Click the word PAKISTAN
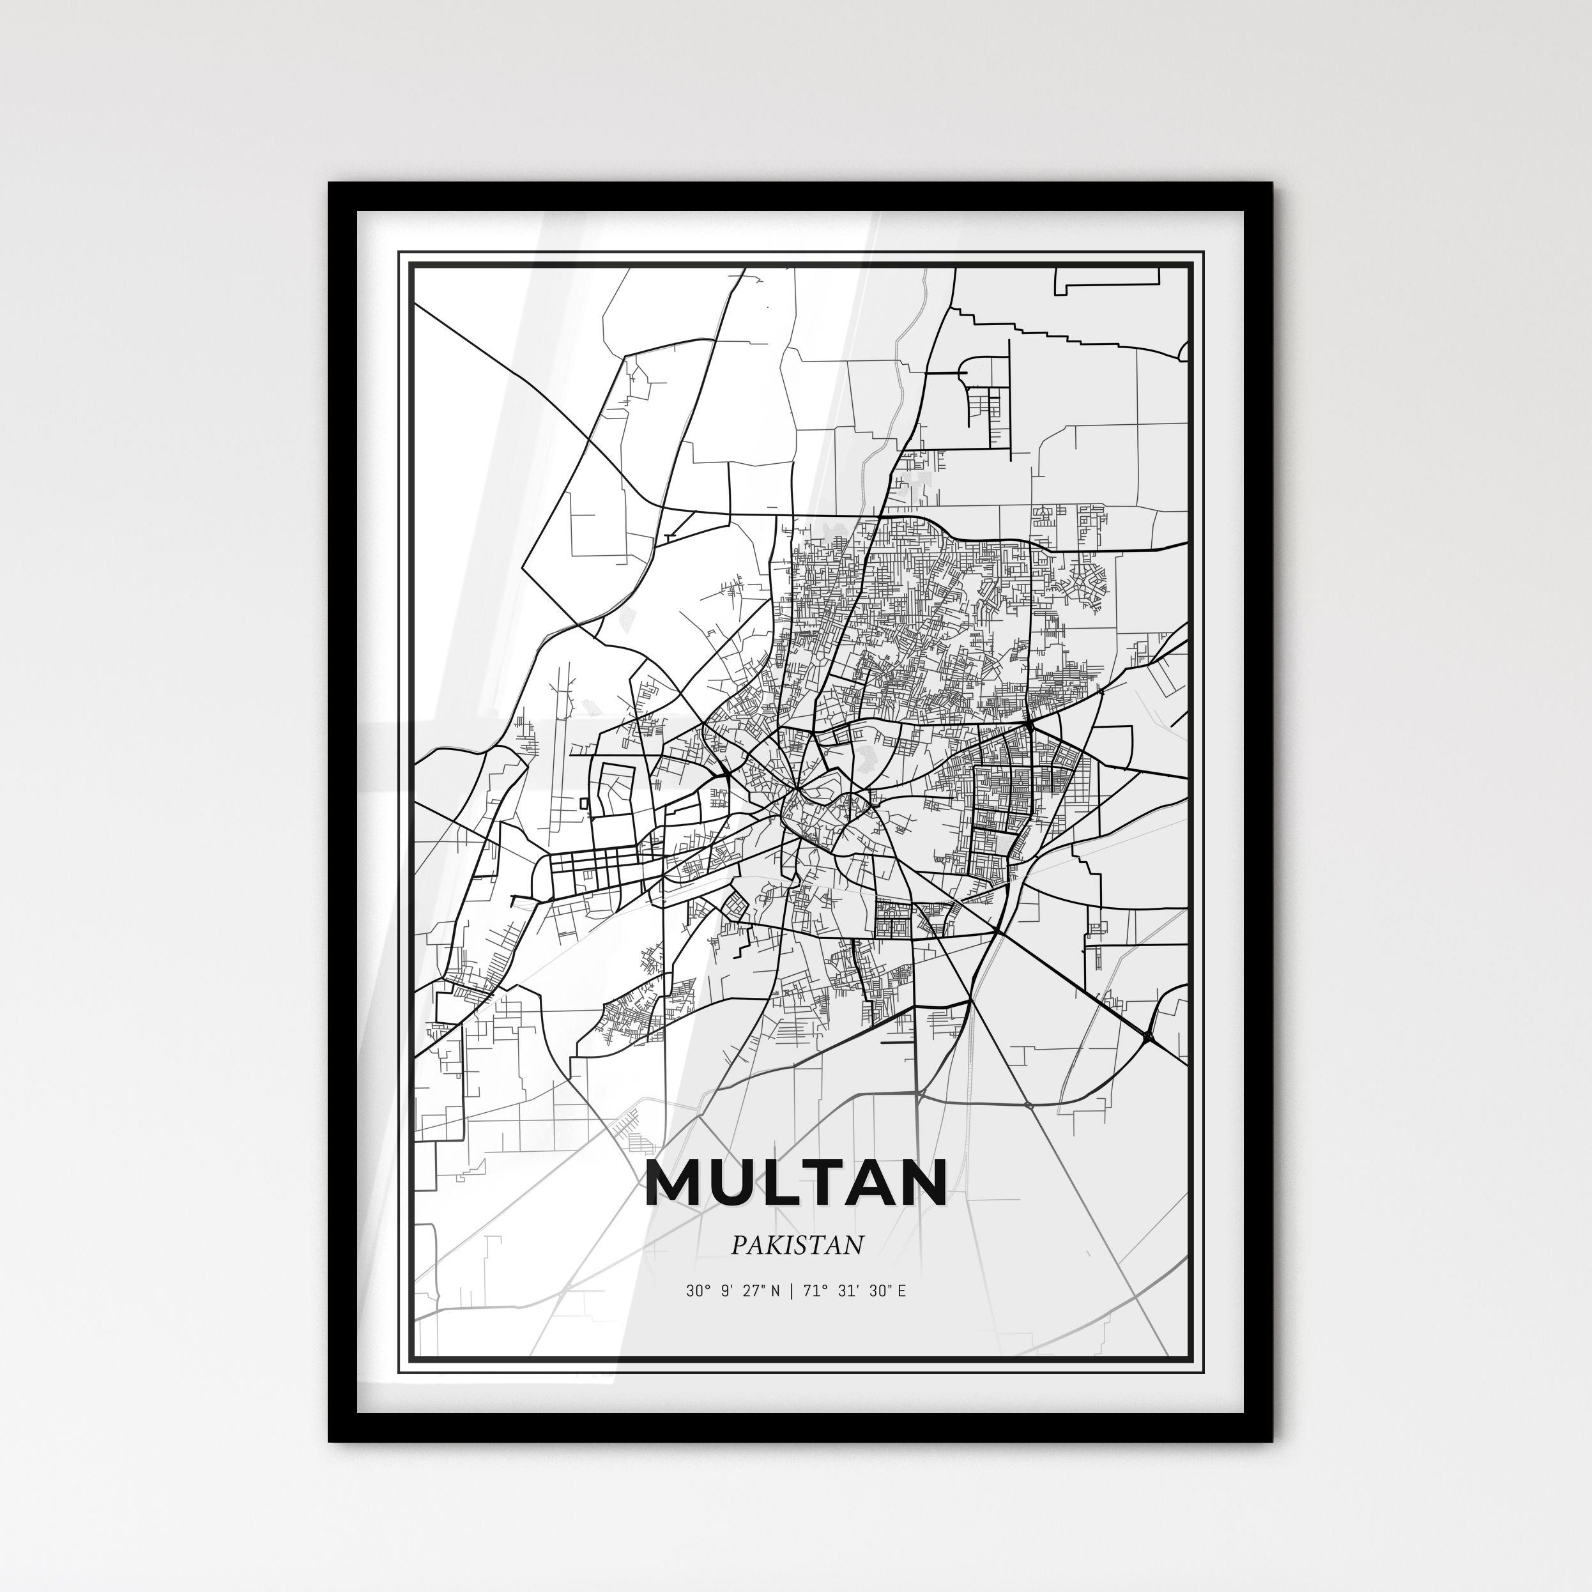pyautogui.click(x=797, y=1245)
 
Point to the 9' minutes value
pyautogui.click(x=724, y=1291)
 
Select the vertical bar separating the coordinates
pyautogui.click(x=791, y=1291)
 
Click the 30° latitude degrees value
pyautogui.click(x=696, y=1291)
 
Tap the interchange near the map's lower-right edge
pyautogui.click(x=1148, y=1033)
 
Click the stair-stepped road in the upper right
pyautogui.click(x=1046, y=332)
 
